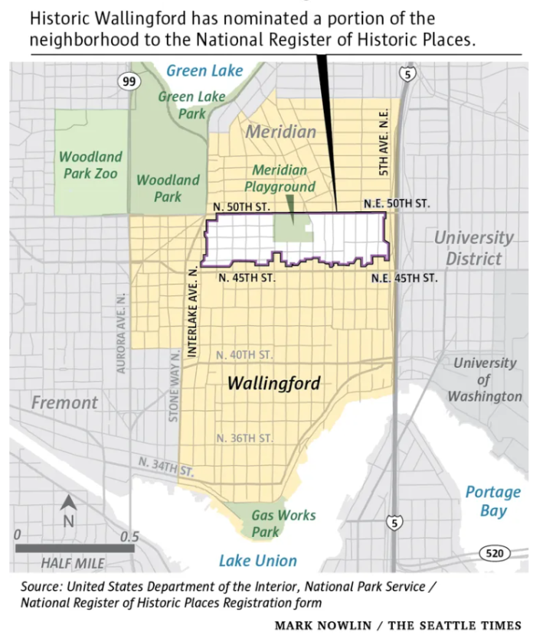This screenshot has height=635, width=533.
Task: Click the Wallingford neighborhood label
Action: [x=274, y=384]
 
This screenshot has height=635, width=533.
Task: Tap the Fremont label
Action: [x=64, y=402]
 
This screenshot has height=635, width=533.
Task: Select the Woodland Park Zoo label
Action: [x=91, y=164]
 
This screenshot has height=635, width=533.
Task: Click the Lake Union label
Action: [x=257, y=561]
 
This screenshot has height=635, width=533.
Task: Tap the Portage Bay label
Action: [x=492, y=501]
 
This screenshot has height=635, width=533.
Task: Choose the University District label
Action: [x=473, y=248]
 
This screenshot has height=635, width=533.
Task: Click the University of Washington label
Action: [x=484, y=379]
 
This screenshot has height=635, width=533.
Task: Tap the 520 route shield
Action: [x=494, y=552]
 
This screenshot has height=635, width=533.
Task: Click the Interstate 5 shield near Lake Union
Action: [x=394, y=523]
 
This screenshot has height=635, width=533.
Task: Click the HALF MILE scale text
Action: [x=74, y=564]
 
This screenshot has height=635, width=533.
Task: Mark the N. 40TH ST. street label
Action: [x=244, y=355]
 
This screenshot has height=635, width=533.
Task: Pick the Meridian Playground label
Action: [x=280, y=178]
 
